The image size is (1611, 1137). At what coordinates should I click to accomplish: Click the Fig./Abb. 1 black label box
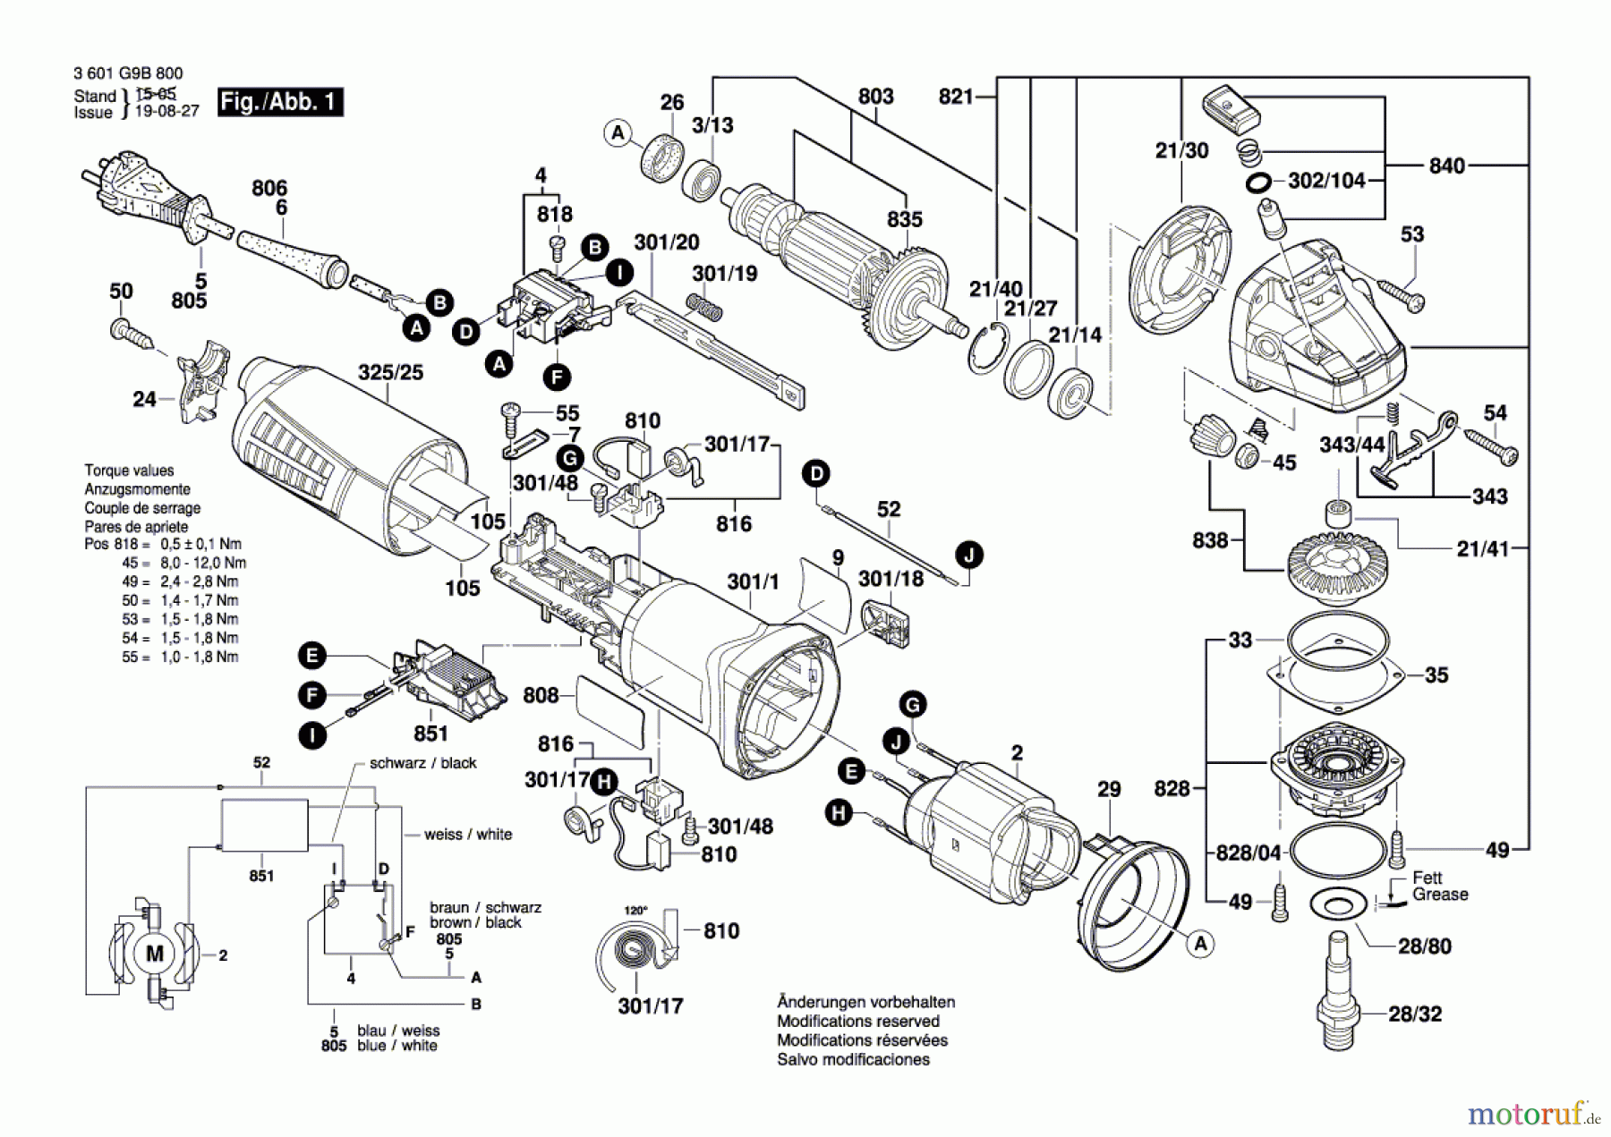tap(280, 102)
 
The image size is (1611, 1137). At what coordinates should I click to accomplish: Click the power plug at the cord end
tap(143, 197)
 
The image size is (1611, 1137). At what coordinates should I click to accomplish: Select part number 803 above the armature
tap(875, 97)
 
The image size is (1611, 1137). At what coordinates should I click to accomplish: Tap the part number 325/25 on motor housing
tap(390, 372)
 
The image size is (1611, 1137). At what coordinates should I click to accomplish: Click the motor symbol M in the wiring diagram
tap(154, 954)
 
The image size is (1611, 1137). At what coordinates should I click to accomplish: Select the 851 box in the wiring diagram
tap(265, 826)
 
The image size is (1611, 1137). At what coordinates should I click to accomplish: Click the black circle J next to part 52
tap(968, 556)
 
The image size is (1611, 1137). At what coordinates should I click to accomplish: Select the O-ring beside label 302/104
tap(1258, 183)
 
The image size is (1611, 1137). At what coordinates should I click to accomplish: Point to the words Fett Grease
tap(1439, 886)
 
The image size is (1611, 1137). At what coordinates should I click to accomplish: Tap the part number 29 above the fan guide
tap(1108, 789)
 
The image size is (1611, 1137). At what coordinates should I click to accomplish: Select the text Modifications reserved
tap(857, 1021)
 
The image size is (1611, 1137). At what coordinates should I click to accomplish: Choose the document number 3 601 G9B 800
tap(128, 73)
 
